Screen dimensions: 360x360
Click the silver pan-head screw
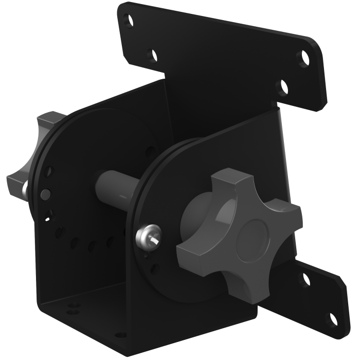[146, 236]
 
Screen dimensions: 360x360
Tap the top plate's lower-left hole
[151, 54]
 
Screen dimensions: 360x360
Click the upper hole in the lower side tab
[306, 279]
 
